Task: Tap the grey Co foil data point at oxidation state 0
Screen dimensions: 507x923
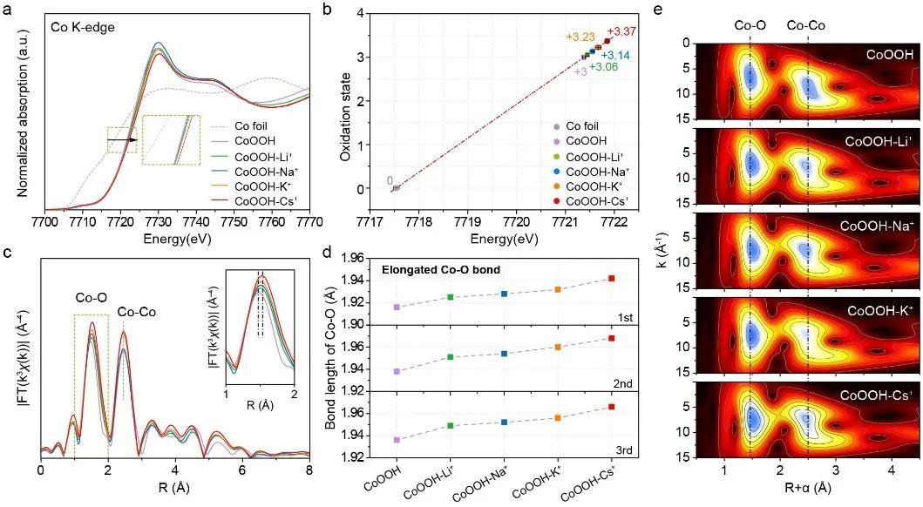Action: point(396,187)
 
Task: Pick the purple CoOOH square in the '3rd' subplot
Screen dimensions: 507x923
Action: point(397,440)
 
